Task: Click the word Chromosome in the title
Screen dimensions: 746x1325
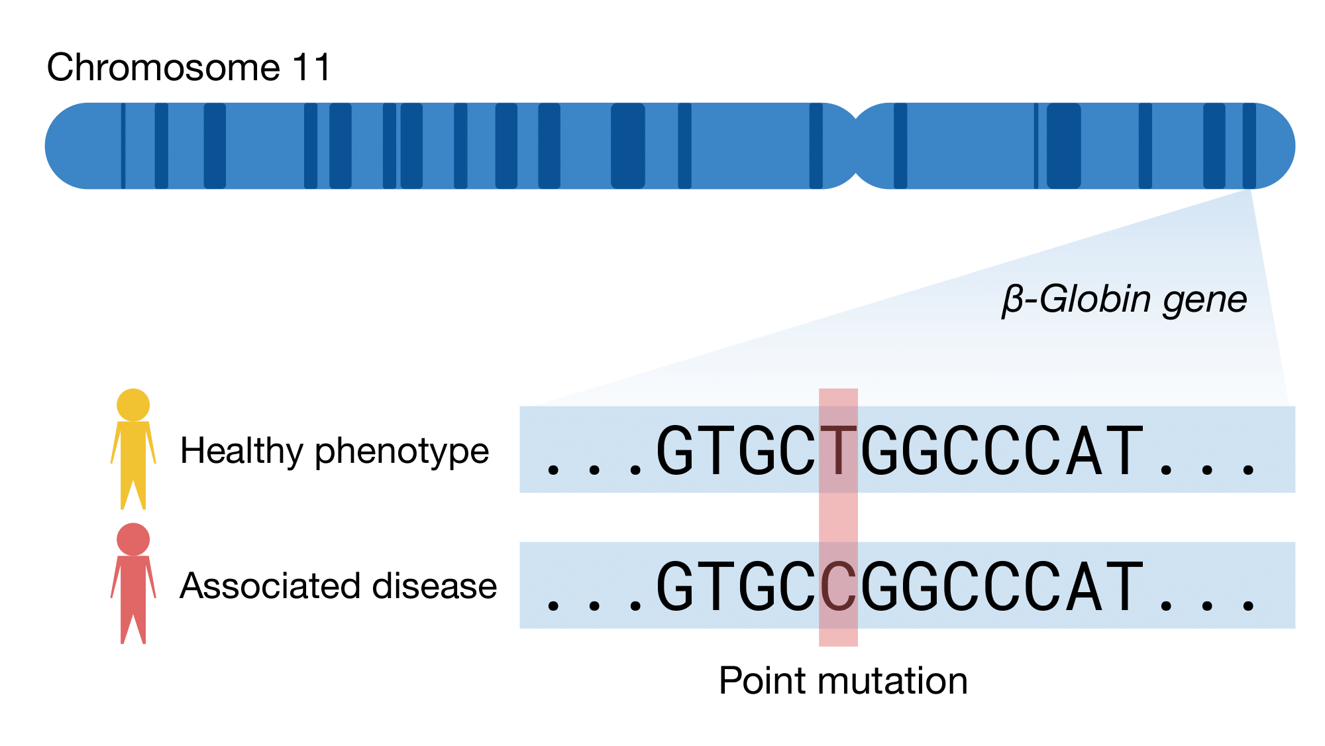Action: coord(163,68)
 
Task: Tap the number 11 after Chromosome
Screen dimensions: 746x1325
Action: coord(311,68)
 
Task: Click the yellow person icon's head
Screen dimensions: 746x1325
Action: coord(133,404)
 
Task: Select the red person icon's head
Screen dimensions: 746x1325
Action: coord(133,539)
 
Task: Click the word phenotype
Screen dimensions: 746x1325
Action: coord(401,452)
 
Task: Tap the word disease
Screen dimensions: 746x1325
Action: coord(434,586)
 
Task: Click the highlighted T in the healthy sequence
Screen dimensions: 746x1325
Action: coord(838,452)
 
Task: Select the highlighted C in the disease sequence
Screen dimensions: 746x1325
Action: coord(838,587)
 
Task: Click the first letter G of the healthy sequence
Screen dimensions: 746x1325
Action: coord(674,452)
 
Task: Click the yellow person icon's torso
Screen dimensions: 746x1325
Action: coord(133,451)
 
